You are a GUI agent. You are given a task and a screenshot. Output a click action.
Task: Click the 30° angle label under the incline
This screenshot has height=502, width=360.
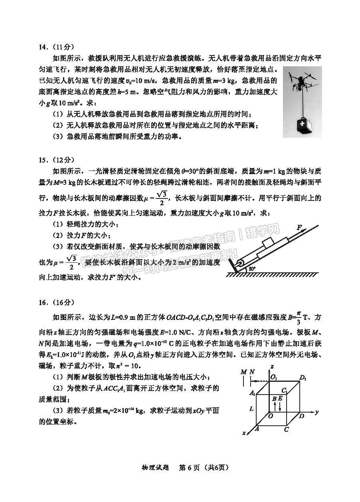(x=252, y=269)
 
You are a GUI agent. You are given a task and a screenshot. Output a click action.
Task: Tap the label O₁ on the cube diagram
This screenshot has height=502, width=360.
(x=274, y=377)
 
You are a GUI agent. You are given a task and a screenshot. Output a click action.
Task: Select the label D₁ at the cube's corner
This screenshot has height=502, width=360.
(x=303, y=377)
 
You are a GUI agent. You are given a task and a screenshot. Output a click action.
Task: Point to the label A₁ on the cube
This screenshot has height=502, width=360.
(x=252, y=393)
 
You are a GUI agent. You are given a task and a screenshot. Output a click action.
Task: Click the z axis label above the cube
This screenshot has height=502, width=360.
(x=271, y=366)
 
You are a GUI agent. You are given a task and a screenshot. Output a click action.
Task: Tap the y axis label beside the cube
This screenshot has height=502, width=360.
(x=316, y=411)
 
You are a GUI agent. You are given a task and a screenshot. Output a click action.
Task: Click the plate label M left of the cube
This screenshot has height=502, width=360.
(x=243, y=372)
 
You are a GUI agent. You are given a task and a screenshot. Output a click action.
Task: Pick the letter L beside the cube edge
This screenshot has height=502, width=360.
(x=251, y=409)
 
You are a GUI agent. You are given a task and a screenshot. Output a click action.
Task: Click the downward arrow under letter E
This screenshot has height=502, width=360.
(x=281, y=407)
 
